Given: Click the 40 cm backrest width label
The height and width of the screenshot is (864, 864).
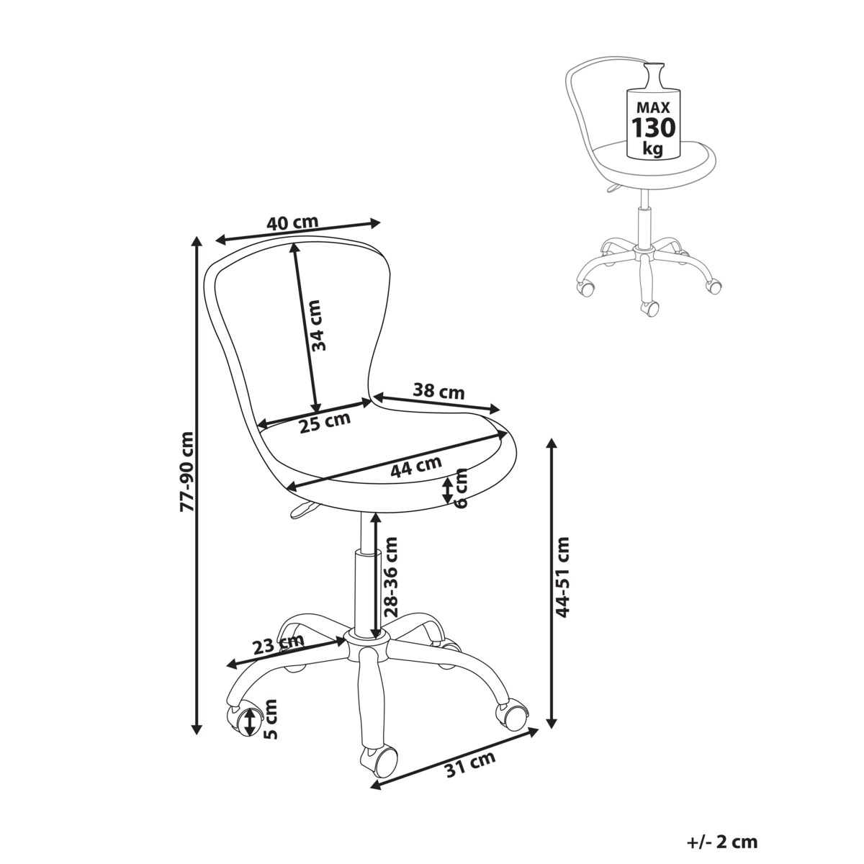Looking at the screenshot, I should tap(292, 223).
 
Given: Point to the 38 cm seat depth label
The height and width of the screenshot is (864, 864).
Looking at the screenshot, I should tap(438, 392).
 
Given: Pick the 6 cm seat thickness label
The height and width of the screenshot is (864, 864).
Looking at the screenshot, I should tap(462, 487).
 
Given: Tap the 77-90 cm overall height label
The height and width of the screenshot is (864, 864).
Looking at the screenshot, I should tap(187, 472).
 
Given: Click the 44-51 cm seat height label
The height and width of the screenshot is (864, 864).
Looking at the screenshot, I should tap(563, 576).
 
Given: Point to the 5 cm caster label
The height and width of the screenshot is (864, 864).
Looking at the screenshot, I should tap(271, 720).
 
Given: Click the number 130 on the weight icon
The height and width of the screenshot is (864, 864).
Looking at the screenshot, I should tap(654, 128).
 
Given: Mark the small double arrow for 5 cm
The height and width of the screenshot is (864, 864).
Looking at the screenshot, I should tap(249, 721).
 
